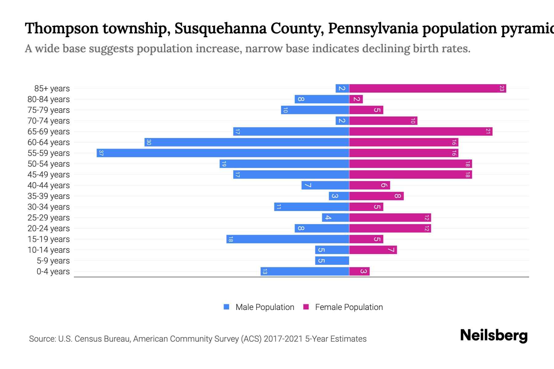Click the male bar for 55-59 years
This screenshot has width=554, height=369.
tap(223, 153)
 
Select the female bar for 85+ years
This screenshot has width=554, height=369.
tap(428, 89)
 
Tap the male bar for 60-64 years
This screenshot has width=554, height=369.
tap(247, 142)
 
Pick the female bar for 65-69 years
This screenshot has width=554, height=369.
tap(421, 132)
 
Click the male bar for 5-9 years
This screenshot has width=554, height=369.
tap(332, 261)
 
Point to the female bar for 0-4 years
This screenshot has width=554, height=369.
tap(359, 272)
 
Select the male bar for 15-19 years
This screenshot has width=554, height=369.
tap(288, 239)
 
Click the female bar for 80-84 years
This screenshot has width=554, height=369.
tap(356, 99)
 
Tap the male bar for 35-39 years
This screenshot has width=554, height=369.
tap(339, 196)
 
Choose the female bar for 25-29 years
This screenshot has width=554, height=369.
tap(390, 218)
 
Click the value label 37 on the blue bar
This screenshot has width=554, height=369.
tap(101, 153)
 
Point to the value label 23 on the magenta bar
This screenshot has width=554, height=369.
tap(502, 89)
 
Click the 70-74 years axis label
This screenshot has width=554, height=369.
tap(49, 121)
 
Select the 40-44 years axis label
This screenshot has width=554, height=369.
tap(49, 185)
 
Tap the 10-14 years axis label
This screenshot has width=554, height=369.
tap(49, 250)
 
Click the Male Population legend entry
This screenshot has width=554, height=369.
tap(259, 307)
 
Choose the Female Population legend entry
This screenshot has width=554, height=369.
tap(343, 307)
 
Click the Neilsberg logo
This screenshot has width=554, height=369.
tap(494, 335)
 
